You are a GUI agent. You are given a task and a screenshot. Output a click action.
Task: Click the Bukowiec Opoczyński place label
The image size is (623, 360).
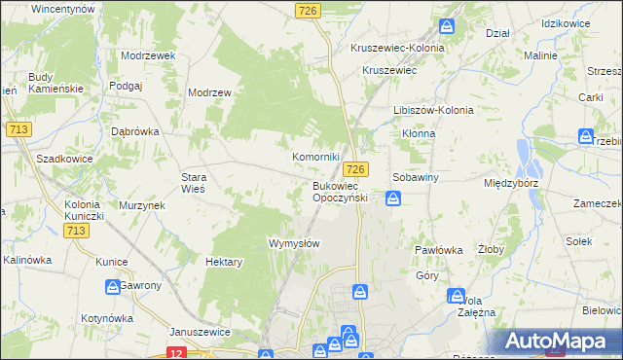pos(340,191)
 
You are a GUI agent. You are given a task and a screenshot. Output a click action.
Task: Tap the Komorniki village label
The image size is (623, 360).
pos(316,157)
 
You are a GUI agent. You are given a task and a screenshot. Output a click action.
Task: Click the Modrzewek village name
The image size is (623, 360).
pos(148,55)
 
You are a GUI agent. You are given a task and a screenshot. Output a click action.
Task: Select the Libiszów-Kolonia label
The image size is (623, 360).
pos(432,110)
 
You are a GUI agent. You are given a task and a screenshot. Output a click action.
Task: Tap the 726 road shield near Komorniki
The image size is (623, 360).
pos(359,169)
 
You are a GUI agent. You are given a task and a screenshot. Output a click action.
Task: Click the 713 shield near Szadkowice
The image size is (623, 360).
pos(17,128)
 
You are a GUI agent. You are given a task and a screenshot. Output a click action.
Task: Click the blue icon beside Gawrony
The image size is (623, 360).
pos(113,286)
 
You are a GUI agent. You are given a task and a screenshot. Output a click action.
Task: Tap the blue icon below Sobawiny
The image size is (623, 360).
pos(393,199)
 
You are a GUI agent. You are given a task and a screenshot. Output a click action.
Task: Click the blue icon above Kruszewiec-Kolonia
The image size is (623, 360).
pos(448,27)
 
